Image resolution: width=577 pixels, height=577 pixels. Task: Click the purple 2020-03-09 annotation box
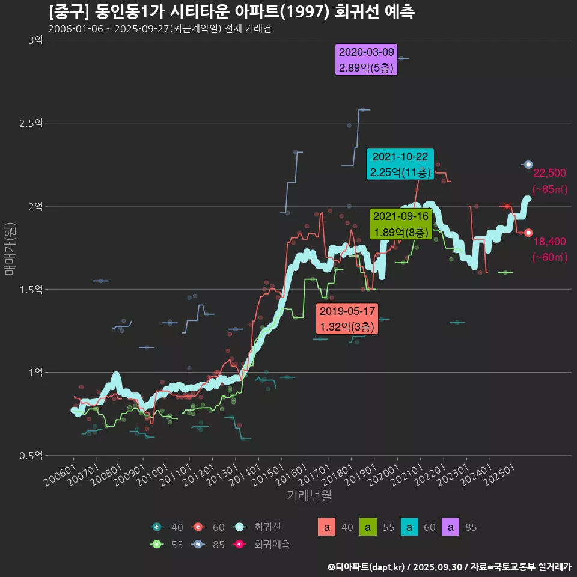(367, 60)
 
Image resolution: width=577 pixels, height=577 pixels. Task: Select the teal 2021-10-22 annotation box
(400, 164)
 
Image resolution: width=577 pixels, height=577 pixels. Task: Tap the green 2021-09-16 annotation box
(401, 224)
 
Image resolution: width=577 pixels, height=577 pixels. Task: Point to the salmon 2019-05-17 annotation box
(347, 319)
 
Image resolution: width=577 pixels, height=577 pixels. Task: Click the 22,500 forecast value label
(549, 174)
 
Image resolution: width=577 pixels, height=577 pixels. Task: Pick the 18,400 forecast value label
(549, 242)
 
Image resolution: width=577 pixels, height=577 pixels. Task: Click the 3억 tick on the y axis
(35, 40)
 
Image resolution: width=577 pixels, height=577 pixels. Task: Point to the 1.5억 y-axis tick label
(31, 289)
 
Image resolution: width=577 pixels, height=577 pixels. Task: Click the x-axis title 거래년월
(309, 495)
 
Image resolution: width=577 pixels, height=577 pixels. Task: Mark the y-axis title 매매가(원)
(9, 248)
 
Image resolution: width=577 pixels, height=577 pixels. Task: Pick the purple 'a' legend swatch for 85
(451, 527)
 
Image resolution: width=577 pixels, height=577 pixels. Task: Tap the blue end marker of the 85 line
(528, 165)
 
